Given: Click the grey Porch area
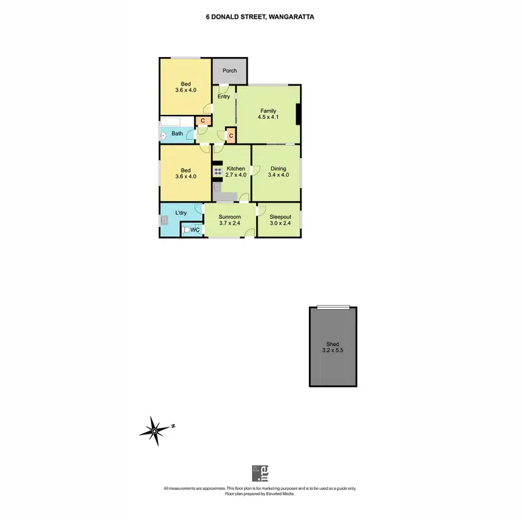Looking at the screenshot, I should pos(230,70).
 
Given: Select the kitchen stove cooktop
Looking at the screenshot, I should pos(218,171).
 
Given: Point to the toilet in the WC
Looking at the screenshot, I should pos(187,230).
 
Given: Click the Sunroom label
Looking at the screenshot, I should pos(230,216).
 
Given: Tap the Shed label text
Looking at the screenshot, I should pos(333,344).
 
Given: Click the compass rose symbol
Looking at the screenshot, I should pos(154,431).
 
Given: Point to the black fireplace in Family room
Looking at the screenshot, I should pos(298,115).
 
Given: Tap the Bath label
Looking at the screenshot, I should pos(177,134).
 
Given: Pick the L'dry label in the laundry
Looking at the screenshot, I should pos(181,213).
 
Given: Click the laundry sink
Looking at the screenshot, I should pos(165,221).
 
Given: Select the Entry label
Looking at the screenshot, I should pos(223,97).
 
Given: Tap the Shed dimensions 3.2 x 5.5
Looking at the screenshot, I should pos(333,351).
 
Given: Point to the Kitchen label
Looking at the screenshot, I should pos(236,169).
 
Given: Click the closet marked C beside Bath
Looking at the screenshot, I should pos(202,121).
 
